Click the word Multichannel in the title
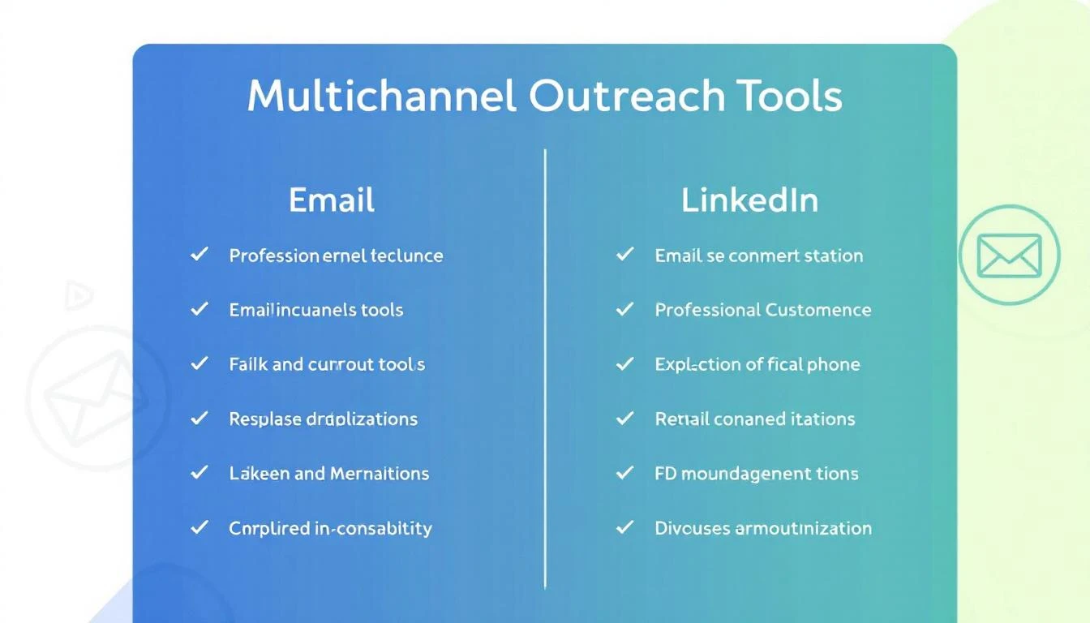381,97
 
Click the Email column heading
332,200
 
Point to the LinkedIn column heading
749,200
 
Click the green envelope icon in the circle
1009,256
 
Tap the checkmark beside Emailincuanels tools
199,309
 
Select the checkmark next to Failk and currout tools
199,364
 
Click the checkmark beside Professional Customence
624,309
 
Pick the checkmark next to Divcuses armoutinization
624,527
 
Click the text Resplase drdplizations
323,419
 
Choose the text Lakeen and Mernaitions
329,474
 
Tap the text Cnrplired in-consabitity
330,528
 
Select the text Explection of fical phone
757,364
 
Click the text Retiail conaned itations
754,419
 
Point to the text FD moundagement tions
756,474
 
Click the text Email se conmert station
758,256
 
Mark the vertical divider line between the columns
545,365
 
